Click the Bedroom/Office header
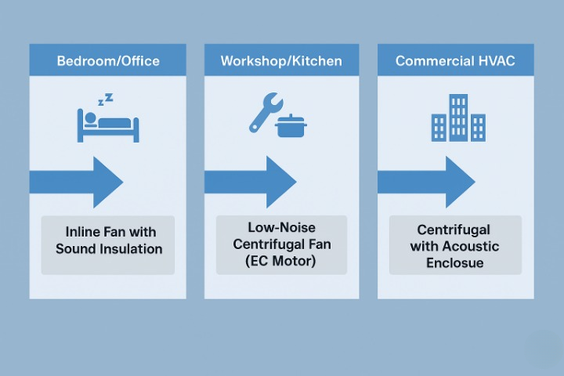107,60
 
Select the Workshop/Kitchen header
282,60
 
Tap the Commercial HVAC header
455,60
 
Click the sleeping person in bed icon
107,125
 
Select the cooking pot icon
290,125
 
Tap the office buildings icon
457,118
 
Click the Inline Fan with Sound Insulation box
108,240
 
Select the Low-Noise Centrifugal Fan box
282,244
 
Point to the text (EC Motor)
282,262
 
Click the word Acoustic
468,247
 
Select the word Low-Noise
282,227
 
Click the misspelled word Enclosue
454,263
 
